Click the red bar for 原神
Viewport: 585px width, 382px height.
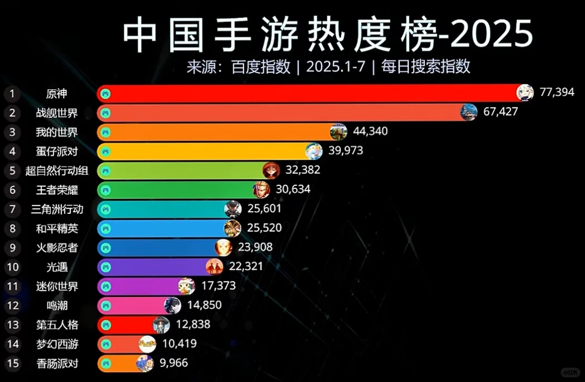click(x=307, y=93)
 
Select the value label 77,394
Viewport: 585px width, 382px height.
click(x=557, y=92)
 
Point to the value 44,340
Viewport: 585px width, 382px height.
click(x=370, y=131)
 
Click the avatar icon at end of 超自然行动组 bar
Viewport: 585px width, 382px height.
click(x=271, y=170)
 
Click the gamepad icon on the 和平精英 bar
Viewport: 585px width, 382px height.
click(x=106, y=228)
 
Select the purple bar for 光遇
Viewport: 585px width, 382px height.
click(x=156, y=267)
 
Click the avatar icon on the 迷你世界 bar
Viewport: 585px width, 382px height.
click(x=186, y=286)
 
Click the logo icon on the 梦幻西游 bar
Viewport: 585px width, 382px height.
click(x=147, y=344)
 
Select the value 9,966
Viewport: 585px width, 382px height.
click(x=173, y=363)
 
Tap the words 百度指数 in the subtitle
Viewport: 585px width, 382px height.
click(x=260, y=66)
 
